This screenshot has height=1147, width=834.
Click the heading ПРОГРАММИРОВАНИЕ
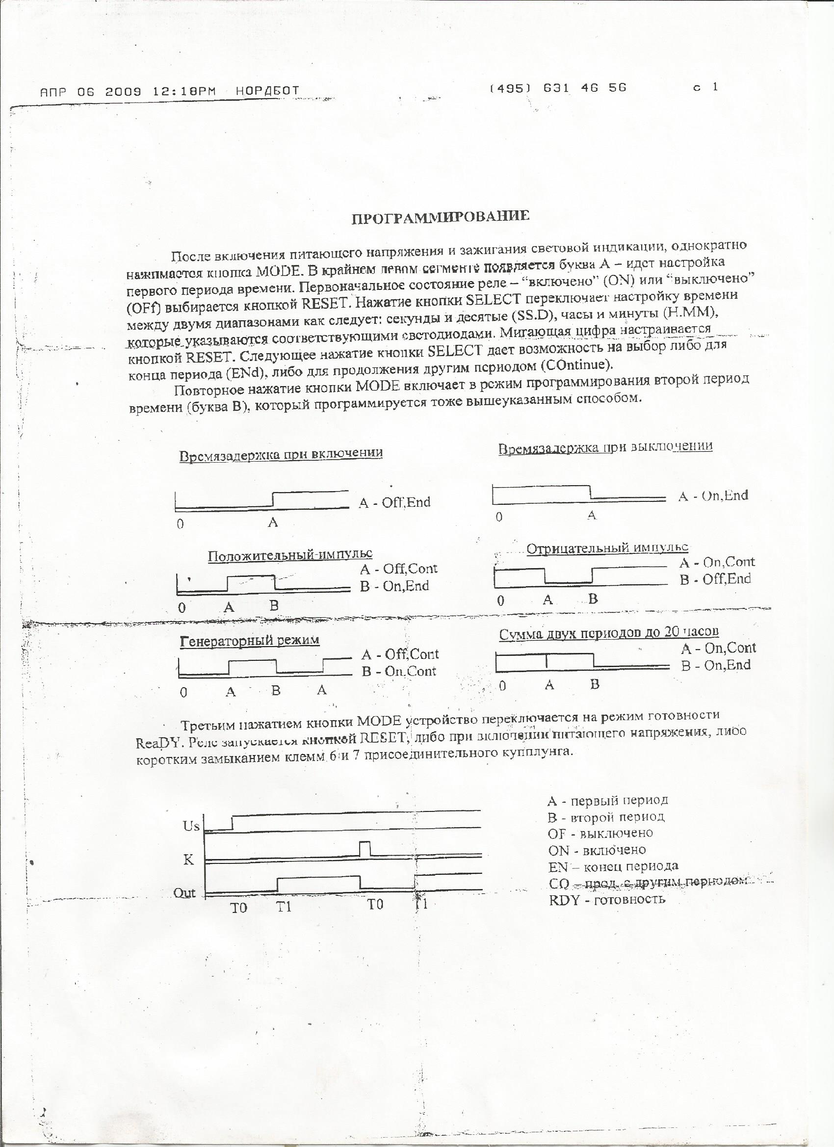click(440, 217)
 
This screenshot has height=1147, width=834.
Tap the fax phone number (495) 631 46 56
click(558, 87)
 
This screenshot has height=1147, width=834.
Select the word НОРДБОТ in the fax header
click(267, 92)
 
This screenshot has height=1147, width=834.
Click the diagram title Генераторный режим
click(250, 640)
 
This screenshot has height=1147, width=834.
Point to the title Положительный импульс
click(290, 555)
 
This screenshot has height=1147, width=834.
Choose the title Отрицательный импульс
click(607, 548)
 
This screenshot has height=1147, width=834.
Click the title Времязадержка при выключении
click(605, 447)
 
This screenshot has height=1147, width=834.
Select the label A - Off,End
click(394, 502)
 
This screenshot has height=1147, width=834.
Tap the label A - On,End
click(713, 495)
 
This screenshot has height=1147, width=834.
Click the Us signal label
click(192, 826)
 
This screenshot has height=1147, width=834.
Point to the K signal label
click(189, 860)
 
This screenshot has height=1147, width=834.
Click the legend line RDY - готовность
click(607, 899)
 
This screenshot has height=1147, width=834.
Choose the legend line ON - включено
click(597, 850)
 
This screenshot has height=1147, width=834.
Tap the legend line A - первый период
click(607, 801)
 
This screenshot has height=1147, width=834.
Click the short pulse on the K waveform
click(365, 848)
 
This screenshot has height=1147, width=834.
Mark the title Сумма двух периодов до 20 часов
click(609, 633)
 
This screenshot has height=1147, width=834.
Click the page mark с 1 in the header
click(705, 87)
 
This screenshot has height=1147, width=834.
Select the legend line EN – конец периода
click(613, 866)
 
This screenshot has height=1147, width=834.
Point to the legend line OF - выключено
click(600, 833)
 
